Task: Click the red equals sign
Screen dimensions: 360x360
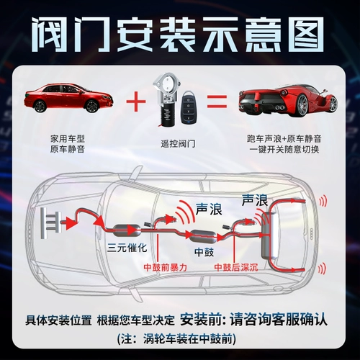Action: coord(217,102)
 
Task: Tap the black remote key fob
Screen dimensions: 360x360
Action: coord(189,107)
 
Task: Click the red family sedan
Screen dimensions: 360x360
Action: coord(68,97)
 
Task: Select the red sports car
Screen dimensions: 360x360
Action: coord(288,100)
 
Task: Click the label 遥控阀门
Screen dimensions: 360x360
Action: coord(178,144)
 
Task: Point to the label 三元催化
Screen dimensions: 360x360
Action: coord(127,247)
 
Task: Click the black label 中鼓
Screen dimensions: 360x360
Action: coord(204,252)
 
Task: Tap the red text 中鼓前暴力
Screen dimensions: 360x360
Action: coord(165,267)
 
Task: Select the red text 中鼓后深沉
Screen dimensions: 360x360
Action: coord(236,267)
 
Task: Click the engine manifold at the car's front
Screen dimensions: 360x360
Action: coord(50,223)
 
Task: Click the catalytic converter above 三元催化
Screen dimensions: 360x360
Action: coord(126,230)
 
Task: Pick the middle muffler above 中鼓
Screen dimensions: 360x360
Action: coord(202,236)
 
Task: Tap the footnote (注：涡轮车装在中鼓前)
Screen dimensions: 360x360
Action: coord(176,339)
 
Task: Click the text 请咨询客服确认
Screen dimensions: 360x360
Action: coord(279,320)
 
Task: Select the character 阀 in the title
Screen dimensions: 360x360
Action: coord(50,35)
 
